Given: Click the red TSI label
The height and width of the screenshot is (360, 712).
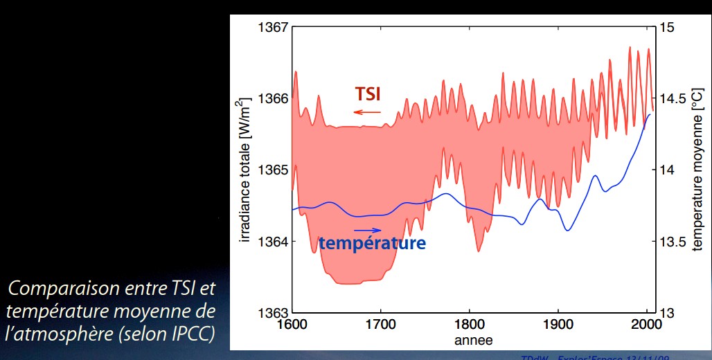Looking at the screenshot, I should [368, 93].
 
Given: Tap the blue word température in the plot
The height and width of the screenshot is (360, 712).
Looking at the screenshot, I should [372, 243].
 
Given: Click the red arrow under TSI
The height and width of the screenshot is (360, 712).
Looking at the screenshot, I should [367, 111].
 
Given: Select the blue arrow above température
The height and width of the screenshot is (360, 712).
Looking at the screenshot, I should [367, 230].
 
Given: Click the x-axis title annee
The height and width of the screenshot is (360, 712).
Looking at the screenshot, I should [474, 340].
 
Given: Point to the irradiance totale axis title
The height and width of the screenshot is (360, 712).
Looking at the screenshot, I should [244, 170].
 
